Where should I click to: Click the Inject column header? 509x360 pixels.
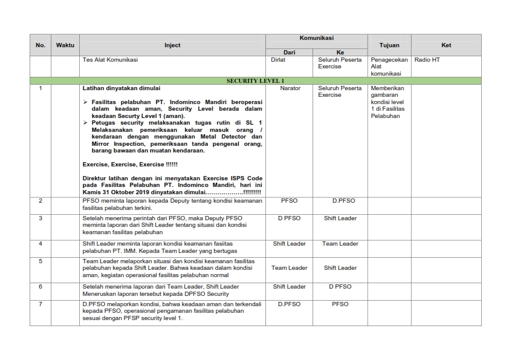[x=172, y=45]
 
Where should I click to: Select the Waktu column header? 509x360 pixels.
[x=65, y=45]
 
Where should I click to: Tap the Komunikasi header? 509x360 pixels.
[x=316, y=38]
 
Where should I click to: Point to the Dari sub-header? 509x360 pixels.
[x=289, y=53]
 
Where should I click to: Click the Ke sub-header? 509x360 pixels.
[x=340, y=53]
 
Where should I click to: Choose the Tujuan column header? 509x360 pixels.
[x=389, y=45]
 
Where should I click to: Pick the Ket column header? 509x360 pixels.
[x=446, y=45]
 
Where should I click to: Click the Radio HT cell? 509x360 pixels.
[x=427, y=60]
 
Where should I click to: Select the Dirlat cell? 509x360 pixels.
[x=279, y=60]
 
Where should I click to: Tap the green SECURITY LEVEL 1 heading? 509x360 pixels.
[x=255, y=80]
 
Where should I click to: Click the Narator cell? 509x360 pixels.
[x=290, y=88]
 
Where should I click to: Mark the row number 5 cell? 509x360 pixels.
[x=41, y=261]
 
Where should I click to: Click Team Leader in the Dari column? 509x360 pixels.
[x=289, y=267]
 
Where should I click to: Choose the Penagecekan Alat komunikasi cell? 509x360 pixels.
[x=389, y=67]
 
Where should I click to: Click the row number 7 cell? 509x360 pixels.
[x=41, y=304]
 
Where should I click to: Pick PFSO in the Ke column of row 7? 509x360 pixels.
[x=340, y=304]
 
